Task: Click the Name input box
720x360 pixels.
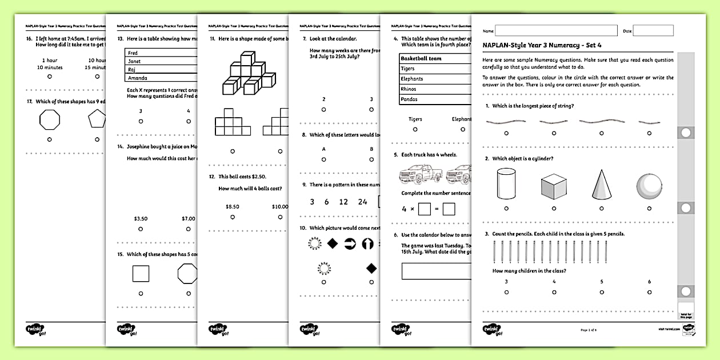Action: [556, 30]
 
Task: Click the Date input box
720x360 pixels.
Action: [653, 30]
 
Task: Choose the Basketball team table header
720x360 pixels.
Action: [421, 58]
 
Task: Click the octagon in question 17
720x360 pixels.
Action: [50, 120]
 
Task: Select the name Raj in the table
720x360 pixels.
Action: [131, 70]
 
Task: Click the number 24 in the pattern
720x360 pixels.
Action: [363, 202]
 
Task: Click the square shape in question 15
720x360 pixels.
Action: [141, 274]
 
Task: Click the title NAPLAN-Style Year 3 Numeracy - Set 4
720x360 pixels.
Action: [542, 45]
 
